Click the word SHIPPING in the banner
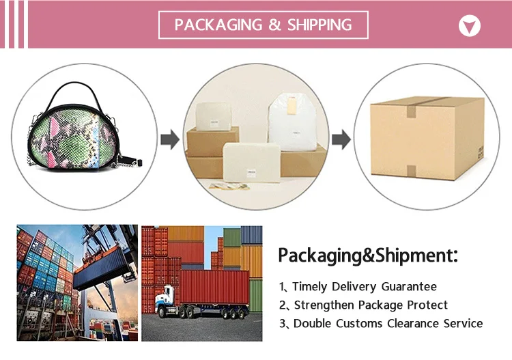pos(319,25)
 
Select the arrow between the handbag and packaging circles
pos(169,141)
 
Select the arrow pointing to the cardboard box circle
pos(340,141)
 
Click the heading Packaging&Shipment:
pos(367,256)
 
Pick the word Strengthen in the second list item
pos(324,305)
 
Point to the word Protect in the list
pos(425,305)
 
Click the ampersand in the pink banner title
pos(274,25)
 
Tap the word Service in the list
pos(464,323)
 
